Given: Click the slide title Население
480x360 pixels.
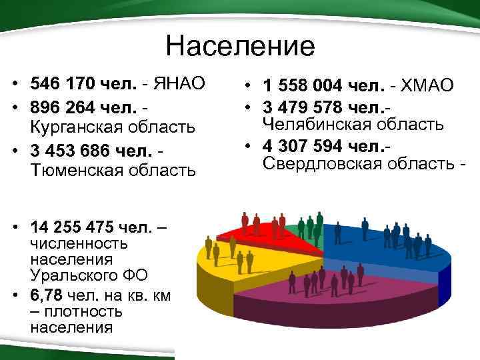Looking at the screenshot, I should (x=240, y=47).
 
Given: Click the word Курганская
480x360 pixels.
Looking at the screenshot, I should (x=73, y=127).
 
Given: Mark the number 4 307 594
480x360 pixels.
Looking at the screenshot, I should (x=304, y=146).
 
